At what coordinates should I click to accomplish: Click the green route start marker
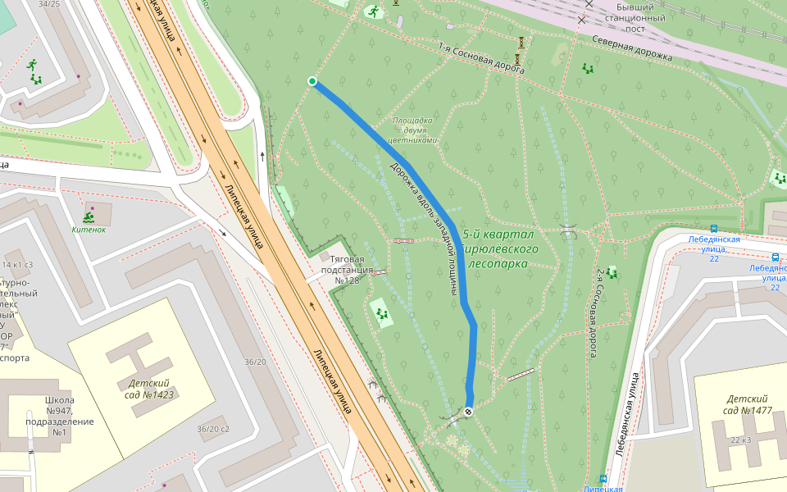[x=312, y=80]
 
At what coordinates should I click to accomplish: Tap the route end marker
[x=469, y=411]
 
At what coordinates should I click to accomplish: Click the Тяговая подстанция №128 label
[x=348, y=269]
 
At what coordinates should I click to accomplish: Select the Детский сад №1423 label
[x=149, y=389]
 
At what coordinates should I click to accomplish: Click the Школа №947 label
[x=59, y=417]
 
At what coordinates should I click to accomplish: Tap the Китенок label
[x=89, y=229]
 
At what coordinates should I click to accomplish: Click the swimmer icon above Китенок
[x=88, y=216]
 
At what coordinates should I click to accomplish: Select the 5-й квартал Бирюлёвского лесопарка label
[x=499, y=248]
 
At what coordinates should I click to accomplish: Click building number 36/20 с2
[x=213, y=429]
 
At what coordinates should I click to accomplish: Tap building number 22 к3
[x=740, y=440]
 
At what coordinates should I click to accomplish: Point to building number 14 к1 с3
[x=16, y=265]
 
